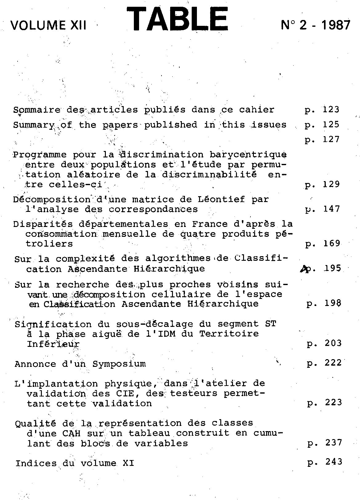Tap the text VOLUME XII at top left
point(48,25)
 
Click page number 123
point(331,109)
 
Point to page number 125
point(331,125)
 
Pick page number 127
point(331,140)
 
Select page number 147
point(331,209)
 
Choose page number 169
point(332,244)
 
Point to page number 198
point(333,304)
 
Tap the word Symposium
point(119,364)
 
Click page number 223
point(333,403)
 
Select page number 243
point(334,462)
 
